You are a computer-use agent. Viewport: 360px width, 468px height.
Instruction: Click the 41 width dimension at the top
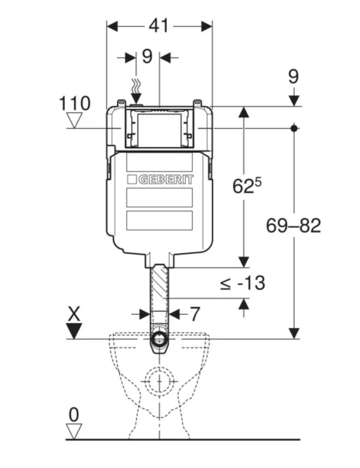pos(158,26)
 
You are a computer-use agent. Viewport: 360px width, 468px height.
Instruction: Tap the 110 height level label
pos(74,103)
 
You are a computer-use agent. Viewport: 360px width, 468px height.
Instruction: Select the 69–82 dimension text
pos(293,225)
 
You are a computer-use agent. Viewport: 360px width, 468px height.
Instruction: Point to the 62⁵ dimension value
pos(247,185)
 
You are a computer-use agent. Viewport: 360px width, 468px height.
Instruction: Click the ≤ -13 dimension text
pos(243,283)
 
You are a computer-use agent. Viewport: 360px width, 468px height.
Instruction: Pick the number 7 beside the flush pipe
pos(195,314)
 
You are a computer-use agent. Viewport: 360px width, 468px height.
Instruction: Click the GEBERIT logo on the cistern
pos(160,180)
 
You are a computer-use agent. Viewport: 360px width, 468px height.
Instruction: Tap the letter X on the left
pos(74,314)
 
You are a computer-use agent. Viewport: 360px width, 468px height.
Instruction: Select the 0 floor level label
pos(74,415)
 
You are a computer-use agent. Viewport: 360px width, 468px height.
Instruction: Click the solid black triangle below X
pos(74,331)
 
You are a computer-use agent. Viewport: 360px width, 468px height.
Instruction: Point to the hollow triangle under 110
pos(74,121)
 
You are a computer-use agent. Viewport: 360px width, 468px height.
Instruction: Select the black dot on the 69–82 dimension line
pos(294,128)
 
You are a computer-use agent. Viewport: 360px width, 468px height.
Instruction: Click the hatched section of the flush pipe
pos(159,282)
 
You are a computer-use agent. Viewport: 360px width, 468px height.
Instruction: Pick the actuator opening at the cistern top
pos(160,130)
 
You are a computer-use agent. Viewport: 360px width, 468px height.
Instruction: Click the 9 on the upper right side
pos(293,76)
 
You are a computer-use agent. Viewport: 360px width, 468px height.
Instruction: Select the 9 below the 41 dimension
pos(147,56)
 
